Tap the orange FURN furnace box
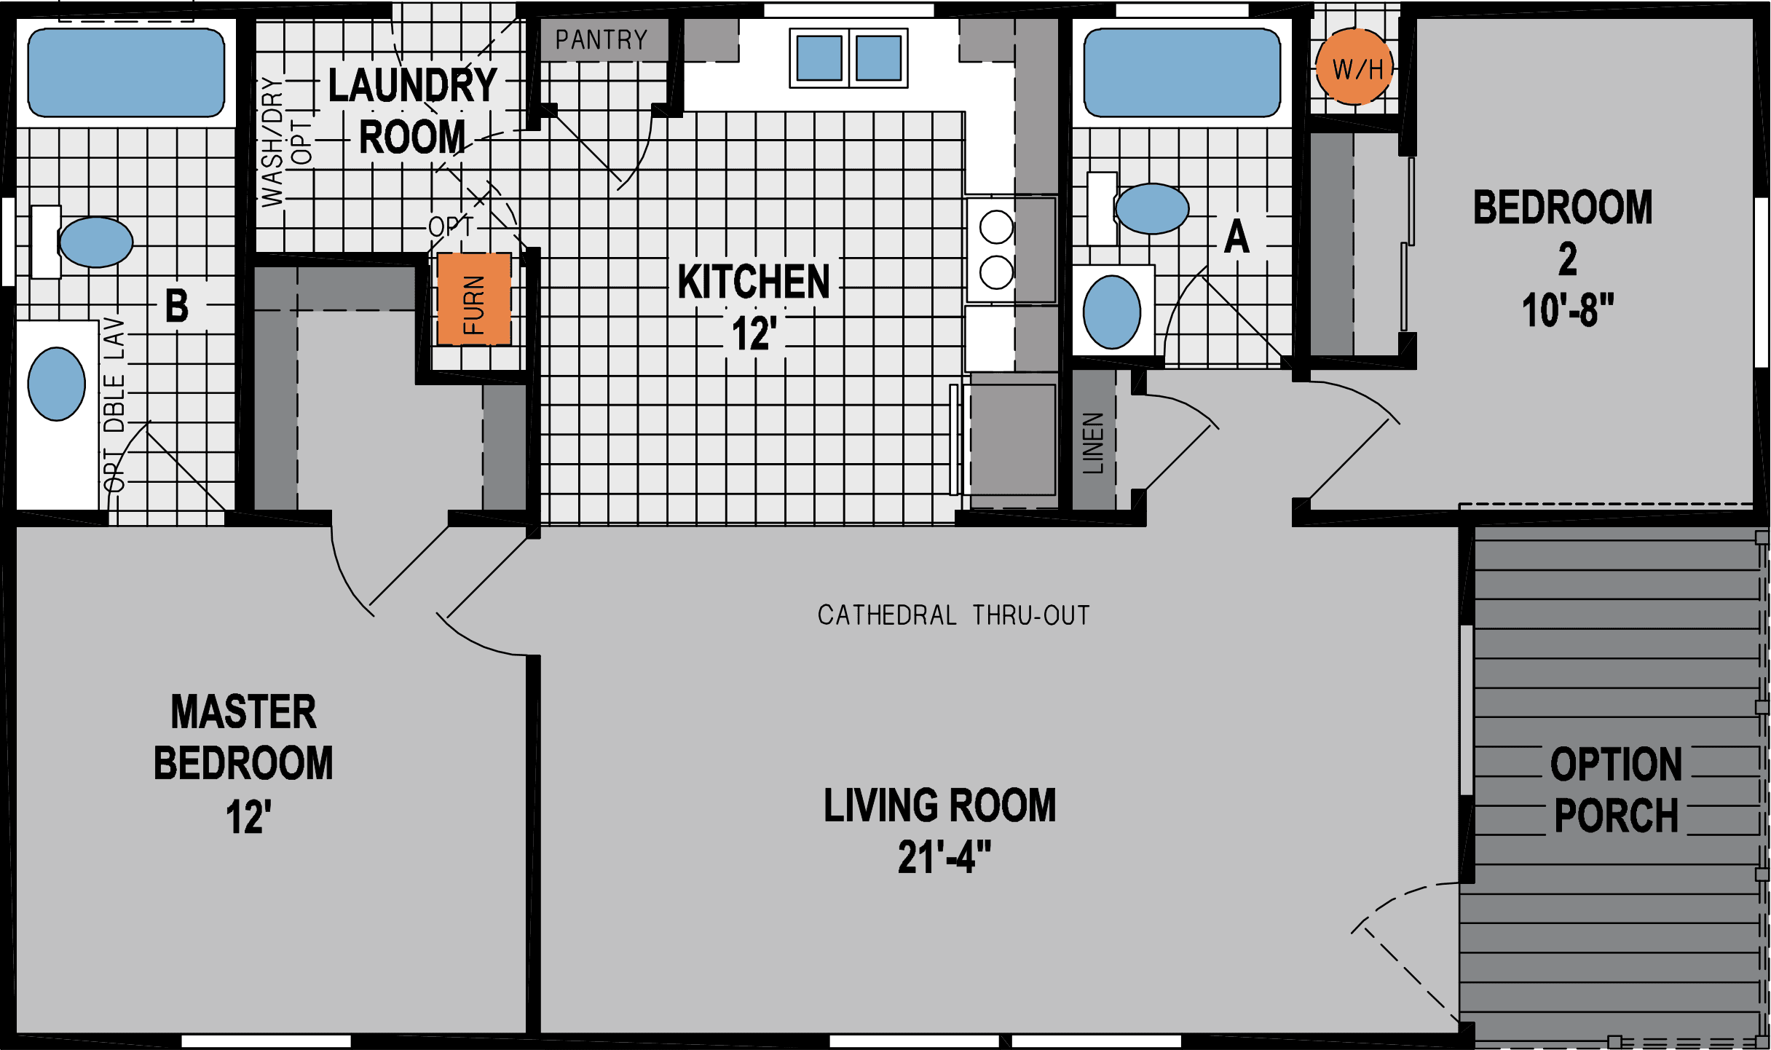click(x=473, y=299)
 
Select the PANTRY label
click(x=601, y=40)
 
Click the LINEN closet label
click(x=1094, y=443)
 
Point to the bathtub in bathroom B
click(x=126, y=73)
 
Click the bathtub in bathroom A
click(x=1182, y=73)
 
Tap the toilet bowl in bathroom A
click(x=1151, y=209)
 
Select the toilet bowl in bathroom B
click(x=95, y=242)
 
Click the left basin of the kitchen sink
click(x=819, y=58)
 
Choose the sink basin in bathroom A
click(x=1111, y=312)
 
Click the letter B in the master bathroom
click(x=177, y=306)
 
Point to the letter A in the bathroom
click(x=1236, y=237)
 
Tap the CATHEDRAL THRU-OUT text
click(x=953, y=616)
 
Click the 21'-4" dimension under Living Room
click(x=944, y=857)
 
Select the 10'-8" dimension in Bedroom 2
click(x=1568, y=311)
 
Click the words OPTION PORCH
click(x=1616, y=790)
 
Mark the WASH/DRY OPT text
click(x=284, y=142)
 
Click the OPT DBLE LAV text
click(x=115, y=405)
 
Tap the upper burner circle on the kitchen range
click(x=996, y=227)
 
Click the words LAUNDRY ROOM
click(x=413, y=111)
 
